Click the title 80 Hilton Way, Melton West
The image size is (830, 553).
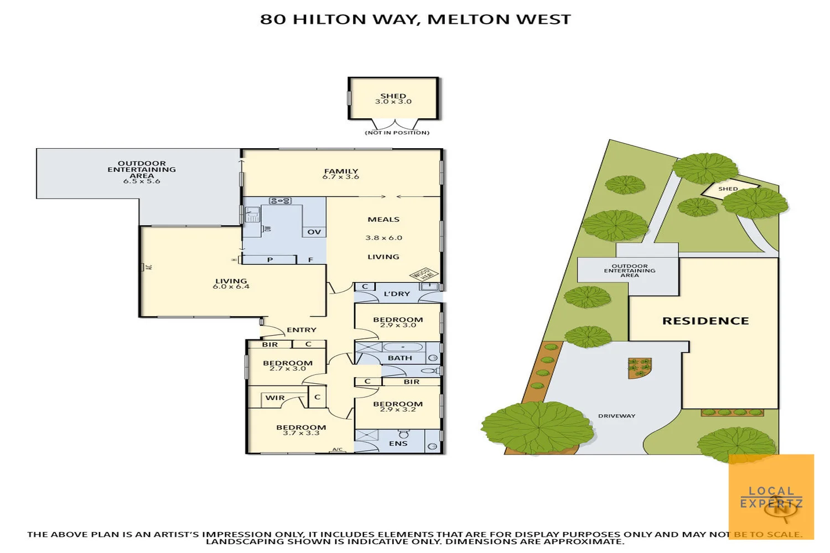tap(415, 19)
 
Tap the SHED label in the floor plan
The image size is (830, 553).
tap(393, 96)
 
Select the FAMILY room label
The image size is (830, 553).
tap(341, 171)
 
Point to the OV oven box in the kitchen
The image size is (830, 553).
tap(314, 232)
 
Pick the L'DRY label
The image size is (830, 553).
tap(397, 294)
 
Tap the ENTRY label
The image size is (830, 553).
tap(302, 330)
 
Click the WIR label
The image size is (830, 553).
tap(275, 398)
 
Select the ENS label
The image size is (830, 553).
tap(398, 444)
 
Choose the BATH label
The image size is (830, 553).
tap(400, 358)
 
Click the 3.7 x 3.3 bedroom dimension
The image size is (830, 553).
tap(301, 433)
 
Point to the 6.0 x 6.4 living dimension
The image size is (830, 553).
tap(231, 286)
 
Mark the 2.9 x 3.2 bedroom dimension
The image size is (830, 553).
tap(398, 410)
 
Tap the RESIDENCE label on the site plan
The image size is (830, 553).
tap(705, 321)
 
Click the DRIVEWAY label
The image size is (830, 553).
tap(616, 416)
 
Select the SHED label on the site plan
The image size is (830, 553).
tap(728, 189)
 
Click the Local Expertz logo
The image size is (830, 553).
tap(771, 497)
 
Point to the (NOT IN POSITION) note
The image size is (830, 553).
tap(397, 133)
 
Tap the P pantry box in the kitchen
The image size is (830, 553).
tap(270, 259)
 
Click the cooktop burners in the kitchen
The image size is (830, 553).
tap(280, 201)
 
